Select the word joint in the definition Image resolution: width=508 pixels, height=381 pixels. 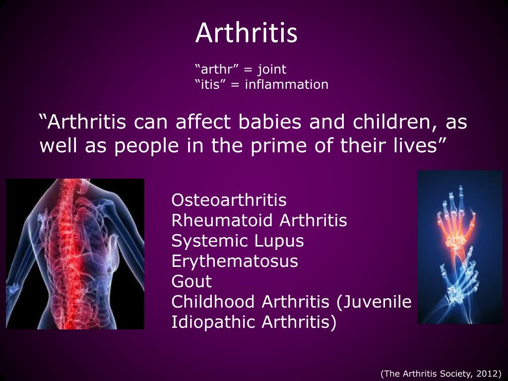click(x=271, y=69)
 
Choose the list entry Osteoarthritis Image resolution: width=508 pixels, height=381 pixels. click(x=229, y=200)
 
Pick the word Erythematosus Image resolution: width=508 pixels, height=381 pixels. click(x=235, y=261)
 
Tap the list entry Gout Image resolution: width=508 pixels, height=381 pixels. click(x=191, y=281)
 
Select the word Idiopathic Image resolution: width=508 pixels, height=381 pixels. click(x=213, y=322)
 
